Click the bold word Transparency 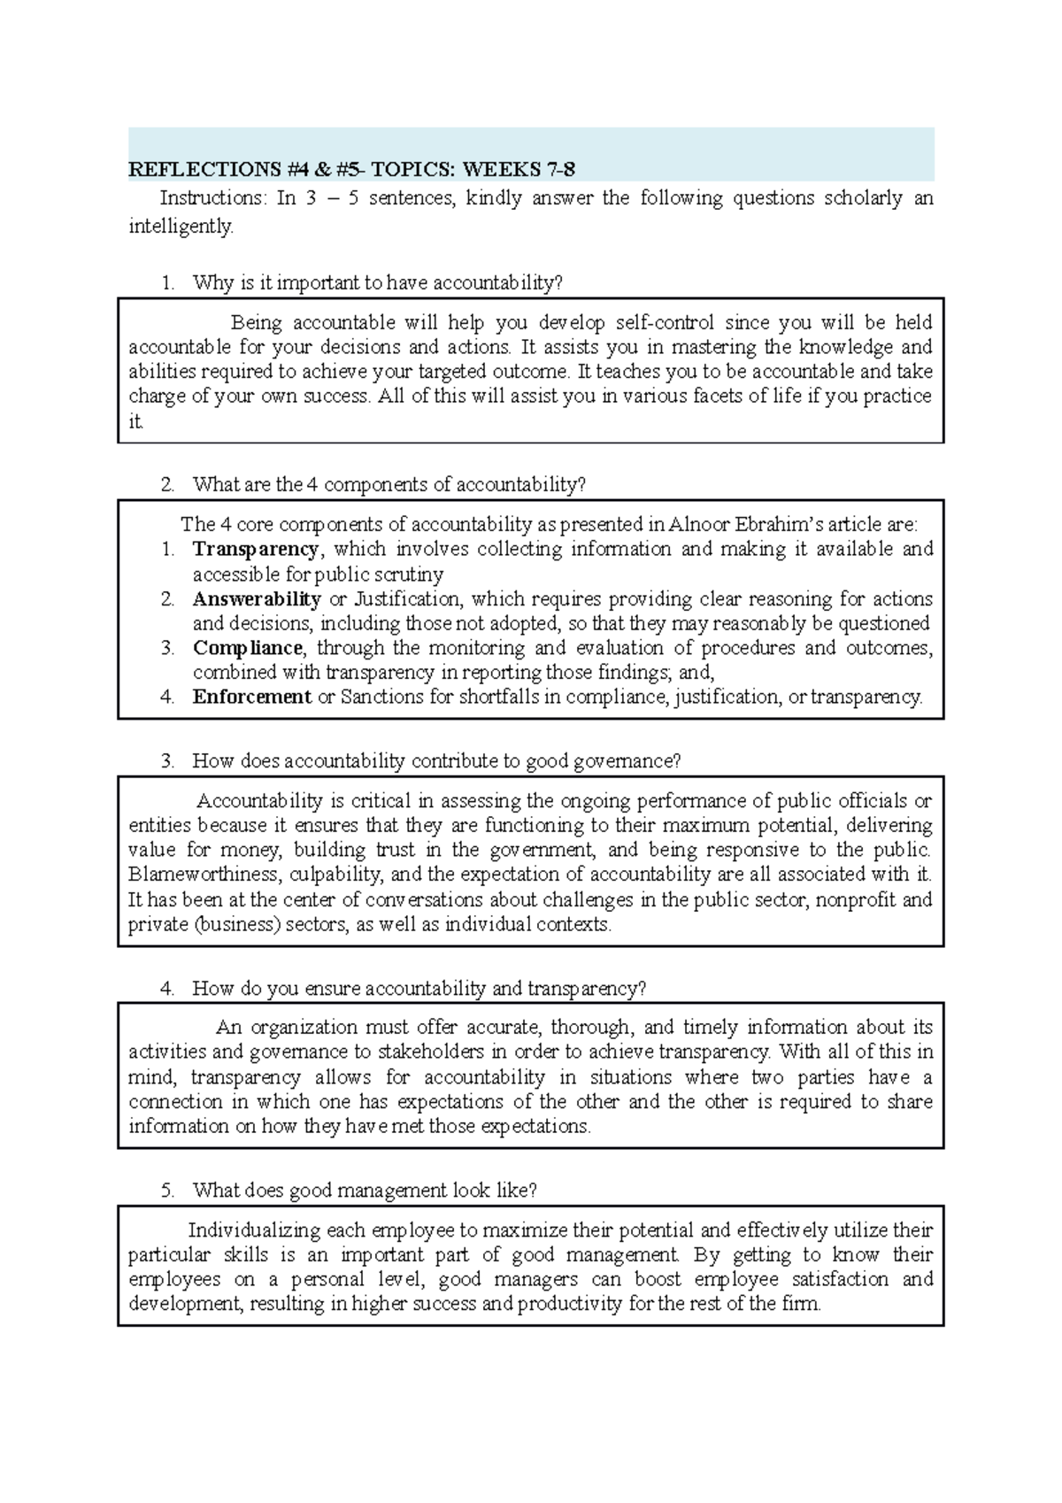[x=256, y=549]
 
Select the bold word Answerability [x=257, y=598]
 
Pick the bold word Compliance [x=248, y=648]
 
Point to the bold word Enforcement [x=251, y=697]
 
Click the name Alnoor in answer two [x=699, y=524]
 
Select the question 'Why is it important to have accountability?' [x=377, y=283]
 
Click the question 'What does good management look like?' [x=364, y=1191]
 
